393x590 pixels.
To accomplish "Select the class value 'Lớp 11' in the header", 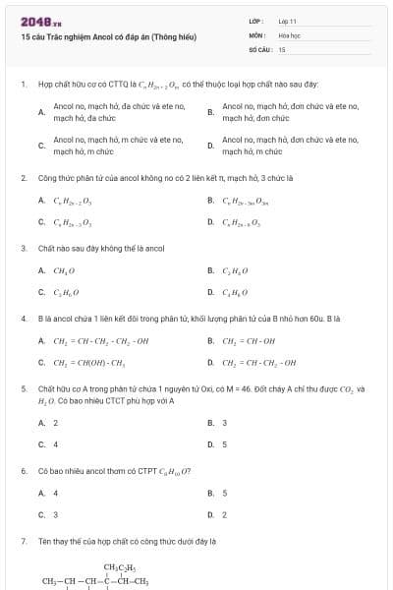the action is [x=288, y=20].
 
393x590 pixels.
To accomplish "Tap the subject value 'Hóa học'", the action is [x=289, y=33].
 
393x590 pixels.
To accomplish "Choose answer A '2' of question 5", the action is [x=55, y=422].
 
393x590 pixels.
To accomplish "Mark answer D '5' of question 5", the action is [x=225, y=443].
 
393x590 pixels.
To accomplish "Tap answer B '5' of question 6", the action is [x=225, y=493].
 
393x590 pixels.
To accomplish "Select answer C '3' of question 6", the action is [x=55, y=514].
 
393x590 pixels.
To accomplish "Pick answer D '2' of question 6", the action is [x=225, y=514].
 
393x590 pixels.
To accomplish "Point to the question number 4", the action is [x=23, y=319].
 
